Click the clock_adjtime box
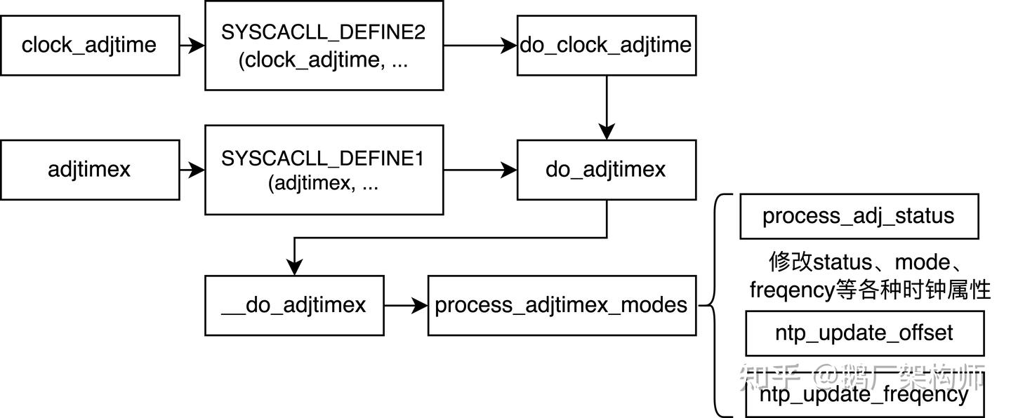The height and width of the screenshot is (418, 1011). (x=89, y=45)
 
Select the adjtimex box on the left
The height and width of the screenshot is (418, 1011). (x=89, y=169)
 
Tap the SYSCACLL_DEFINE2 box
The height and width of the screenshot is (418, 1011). (x=324, y=45)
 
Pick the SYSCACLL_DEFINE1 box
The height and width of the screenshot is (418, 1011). (x=324, y=169)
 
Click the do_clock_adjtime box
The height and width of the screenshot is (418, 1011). (x=606, y=45)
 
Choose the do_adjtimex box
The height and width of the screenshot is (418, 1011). (x=606, y=169)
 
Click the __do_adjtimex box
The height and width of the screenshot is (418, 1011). (x=294, y=305)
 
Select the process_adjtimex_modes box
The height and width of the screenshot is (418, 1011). (x=562, y=305)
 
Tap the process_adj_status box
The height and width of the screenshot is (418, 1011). (x=859, y=216)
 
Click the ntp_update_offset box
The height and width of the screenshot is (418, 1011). (x=864, y=332)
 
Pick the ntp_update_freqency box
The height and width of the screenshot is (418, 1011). (x=864, y=394)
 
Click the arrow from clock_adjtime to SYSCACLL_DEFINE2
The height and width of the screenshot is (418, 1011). (x=192, y=45)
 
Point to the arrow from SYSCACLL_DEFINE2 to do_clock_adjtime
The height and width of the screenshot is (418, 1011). (x=480, y=45)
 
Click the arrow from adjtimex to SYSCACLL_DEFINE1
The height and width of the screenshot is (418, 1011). (x=192, y=169)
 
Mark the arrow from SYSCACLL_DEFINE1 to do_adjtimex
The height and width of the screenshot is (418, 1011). (x=480, y=169)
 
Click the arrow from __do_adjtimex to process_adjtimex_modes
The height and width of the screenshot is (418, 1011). (x=406, y=305)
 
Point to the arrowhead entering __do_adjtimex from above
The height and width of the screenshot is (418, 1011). (x=294, y=267)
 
